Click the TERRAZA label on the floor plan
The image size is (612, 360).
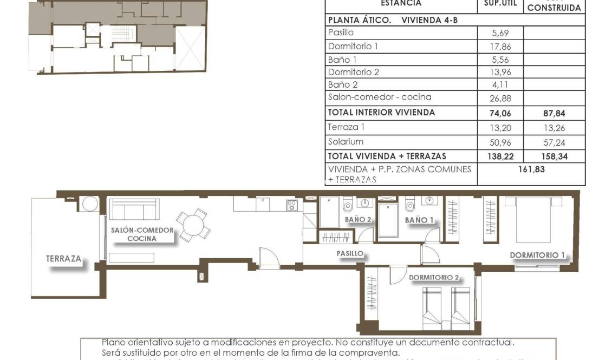pyautogui.click(x=64, y=259)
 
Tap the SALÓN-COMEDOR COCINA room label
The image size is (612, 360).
pyautogui.click(x=142, y=234)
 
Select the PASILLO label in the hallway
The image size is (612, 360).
pyautogui.click(x=350, y=253)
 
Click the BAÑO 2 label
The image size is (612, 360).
pyautogui.click(x=358, y=220)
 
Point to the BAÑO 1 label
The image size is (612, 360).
pyautogui.click(x=419, y=220)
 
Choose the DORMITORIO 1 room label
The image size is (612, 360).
pyautogui.click(x=537, y=255)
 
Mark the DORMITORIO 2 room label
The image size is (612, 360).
pyautogui.click(x=434, y=277)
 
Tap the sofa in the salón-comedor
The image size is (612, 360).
pyautogui.click(x=134, y=208)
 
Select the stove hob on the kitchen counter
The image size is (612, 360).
pyautogui.click(x=292, y=205)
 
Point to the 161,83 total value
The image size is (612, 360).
pyautogui.click(x=531, y=169)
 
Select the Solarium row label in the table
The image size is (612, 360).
pyautogui.click(x=346, y=141)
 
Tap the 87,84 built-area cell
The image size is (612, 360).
pyautogui.click(x=554, y=113)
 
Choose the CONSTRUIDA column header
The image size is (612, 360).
pyautogui.click(x=554, y=8)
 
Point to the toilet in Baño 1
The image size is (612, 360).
pyautogui.click(x=410, y=205)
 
